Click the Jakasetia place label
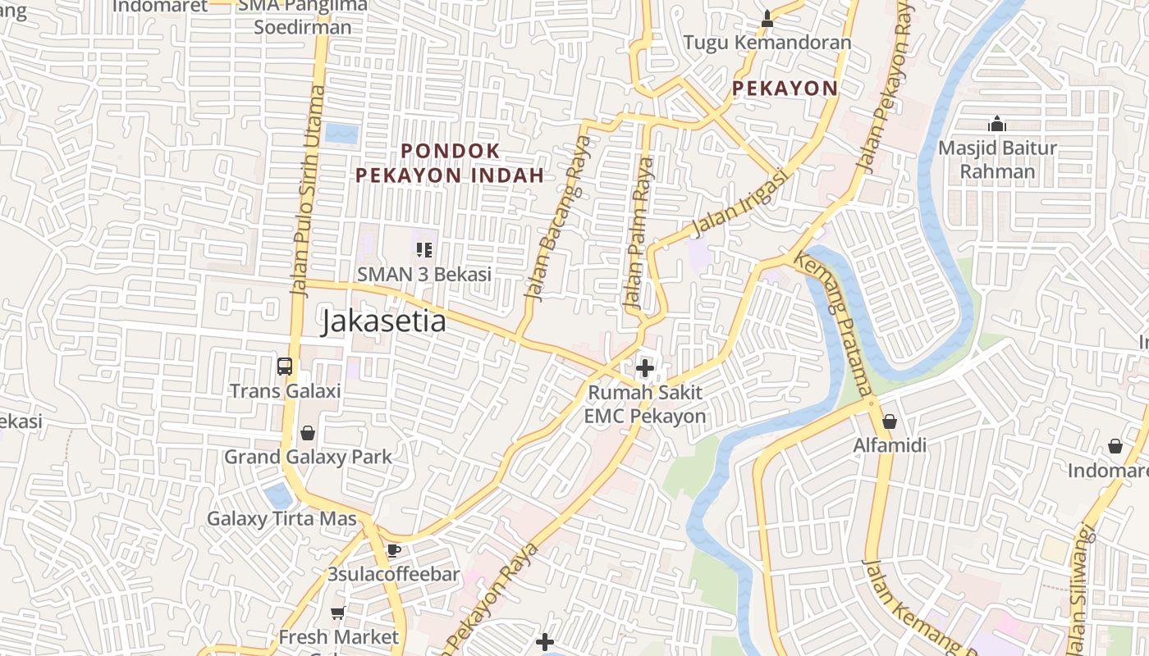[x=383, y=321]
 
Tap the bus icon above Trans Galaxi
[x=285, y=367]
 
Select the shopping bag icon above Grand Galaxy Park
[x=308, y=432]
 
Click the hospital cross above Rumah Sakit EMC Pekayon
[x=645, y=368]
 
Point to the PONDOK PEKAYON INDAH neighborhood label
[x=450, y=163]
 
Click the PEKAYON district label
[x=785, y=89]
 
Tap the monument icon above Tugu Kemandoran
[x=767, y=18]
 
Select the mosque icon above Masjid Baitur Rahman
[x=997, y=124]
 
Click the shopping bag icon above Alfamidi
[x=890, y=422]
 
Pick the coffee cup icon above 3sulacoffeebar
[x=393, y=550]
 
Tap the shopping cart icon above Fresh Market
[x=337, y=613]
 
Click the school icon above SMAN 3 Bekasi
[x=423, y=249]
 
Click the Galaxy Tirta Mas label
[x=282, y=518]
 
